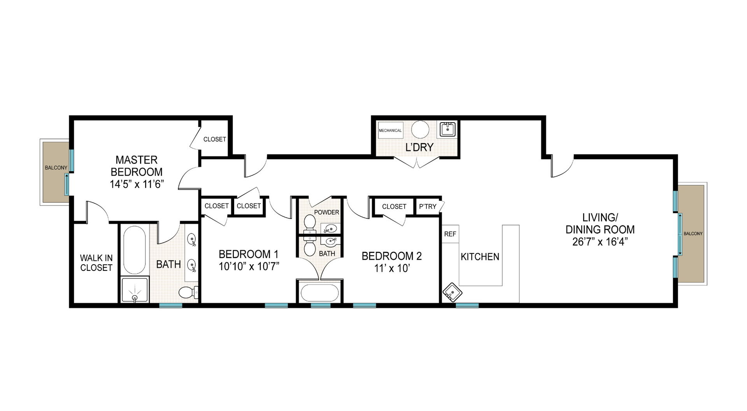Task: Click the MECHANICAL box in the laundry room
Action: pos(390,130)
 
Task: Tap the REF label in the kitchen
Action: pos(450,234)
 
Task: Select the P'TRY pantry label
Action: pos(428,207)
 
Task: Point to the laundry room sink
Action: pos(448,129)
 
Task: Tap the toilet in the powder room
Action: pos(310,223)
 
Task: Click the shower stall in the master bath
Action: pos(135,290)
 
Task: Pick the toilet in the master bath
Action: pos(188,292)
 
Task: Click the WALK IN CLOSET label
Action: pos(96,263)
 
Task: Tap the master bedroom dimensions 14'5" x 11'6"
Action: pos(136,184)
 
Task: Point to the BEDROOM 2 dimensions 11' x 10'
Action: pos(391,269)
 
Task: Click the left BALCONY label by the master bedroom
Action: pos(56,168)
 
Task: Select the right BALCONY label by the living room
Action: pos(693,234)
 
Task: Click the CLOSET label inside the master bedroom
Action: pos(215,139)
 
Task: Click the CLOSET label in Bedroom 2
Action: pos(394,207)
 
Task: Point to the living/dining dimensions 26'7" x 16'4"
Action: pos(600,242)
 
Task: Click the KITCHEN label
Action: pos(480,257)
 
